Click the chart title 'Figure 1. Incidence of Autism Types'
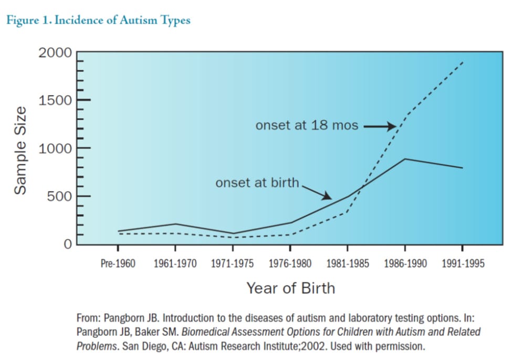click(x=98, y=20)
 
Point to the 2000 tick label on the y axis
click(x=55, y=52)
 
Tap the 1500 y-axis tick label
click(x=55, y=101)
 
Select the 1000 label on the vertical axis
click(x=55, y=149)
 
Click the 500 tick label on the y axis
click(x=59, y=196)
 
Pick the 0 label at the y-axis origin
click(x=68, y=244)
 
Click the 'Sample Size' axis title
click(x=20, y=151)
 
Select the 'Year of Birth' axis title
click(x=291, y=288)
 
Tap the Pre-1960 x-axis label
click(x=118, y=263)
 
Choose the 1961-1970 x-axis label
click(x=175, y=263)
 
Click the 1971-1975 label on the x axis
click(x=232, y=263)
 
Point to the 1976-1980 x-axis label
click(x=290, y=263)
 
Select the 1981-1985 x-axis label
click(x=348, y=263)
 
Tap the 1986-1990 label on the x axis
click(x=405, y=263)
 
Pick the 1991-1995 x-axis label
click(x=463, y=263)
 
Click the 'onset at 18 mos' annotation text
click(x=307, y=125)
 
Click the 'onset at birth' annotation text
click(x=257, y=183)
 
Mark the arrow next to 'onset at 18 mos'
click(x=380, y=126)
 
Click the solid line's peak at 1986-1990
click(x=405, y=159)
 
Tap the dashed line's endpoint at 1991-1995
click(x=463, y=62)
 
